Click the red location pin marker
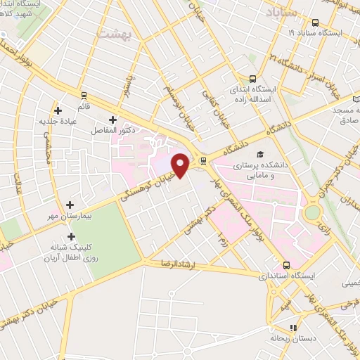click(x=181, y=165)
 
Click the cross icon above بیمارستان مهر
click(x=70, y=205)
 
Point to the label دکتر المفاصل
click(x=112, y=131)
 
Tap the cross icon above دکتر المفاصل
click(x=112, y=120)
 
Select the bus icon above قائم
click(x=84, y=95)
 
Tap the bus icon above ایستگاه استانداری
click(x=287, y=265)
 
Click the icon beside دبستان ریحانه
click(x=293, y=327)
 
